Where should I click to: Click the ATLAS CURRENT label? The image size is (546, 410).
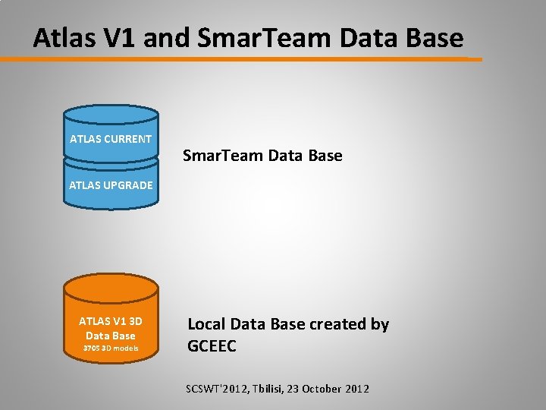click(111, 139)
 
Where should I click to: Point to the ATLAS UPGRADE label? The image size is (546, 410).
click(111, 184)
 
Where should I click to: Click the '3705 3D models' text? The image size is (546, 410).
click(111, 348)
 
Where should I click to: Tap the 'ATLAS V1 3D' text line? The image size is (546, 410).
click(111, 321)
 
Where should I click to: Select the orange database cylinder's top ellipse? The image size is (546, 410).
click(111, 286)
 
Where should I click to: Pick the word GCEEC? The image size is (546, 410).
click(212, 346)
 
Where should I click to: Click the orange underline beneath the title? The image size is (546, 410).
click(250, 58)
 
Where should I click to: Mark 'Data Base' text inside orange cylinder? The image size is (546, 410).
click(111, 336)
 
